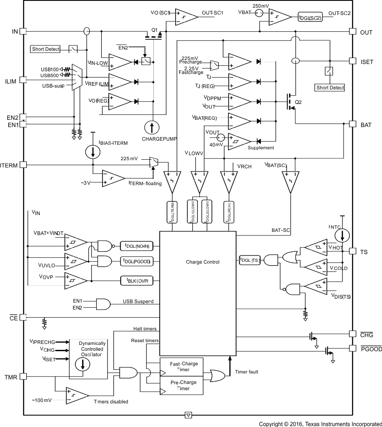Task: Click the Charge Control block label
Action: (202, 262)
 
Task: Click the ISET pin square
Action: (352, 60)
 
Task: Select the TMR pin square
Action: (23, 377)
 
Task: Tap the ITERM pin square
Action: (23, 165)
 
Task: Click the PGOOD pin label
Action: (371, 349)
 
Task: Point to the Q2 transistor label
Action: (298, 102)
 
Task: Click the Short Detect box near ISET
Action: (329, 88)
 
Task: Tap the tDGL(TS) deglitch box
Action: (248, 260)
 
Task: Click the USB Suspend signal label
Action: (138, 301)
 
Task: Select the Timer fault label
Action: (247, 372)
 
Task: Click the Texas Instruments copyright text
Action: (320, 424)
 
